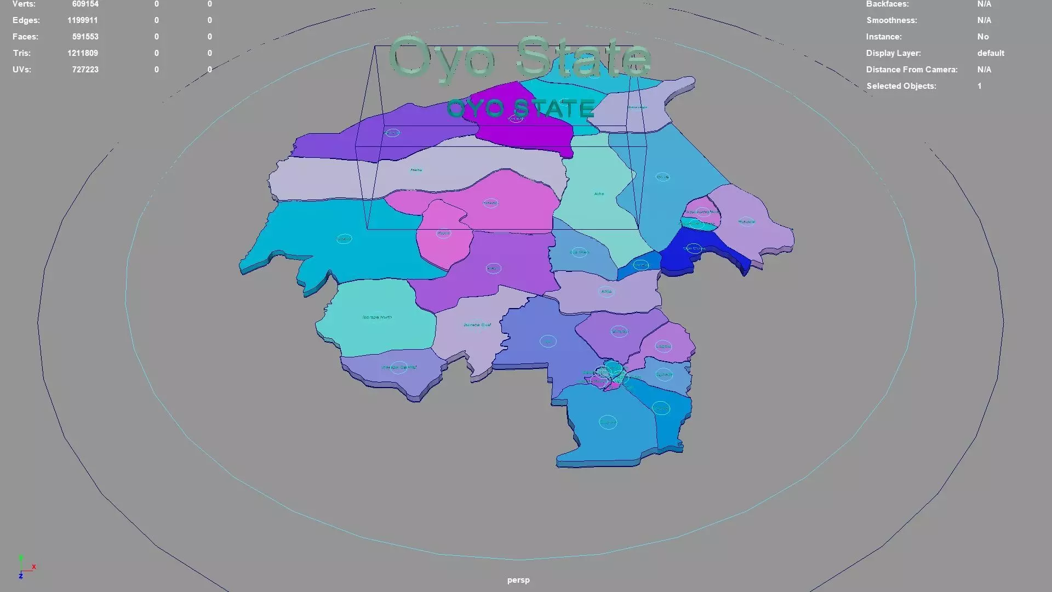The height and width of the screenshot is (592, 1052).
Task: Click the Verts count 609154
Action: click(x=85, y=4)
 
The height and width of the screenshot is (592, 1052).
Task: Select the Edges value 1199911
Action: click(x=82, y=20)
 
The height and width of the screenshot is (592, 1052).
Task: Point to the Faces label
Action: click(x=25, y=37)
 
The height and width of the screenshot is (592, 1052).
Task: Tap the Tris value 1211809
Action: click(x=82, y=53)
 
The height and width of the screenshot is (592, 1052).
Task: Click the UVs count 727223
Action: click(x=85, y=70)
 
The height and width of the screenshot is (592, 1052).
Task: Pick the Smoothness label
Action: click(x=891, y=20)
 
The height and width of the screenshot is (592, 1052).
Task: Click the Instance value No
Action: click(x=983, y=37)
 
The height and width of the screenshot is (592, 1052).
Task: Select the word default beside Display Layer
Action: click(x=991, y=53)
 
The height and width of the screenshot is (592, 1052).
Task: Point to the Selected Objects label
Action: click(x=901, y=86)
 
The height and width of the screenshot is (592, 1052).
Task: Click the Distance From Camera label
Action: click(x=911, y=70)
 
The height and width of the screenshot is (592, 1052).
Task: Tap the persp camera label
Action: click(x=518, y=580)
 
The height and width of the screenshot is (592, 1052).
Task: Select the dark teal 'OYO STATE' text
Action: click(x=521, y=108)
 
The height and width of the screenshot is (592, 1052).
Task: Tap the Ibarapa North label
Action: click(x=377, y=317)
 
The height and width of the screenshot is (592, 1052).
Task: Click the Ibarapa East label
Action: click(x=477, y=325)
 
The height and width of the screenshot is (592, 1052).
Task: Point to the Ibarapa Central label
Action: click(x=399, y=367)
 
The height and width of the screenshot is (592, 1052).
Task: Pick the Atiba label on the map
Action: click(x=599, y=193)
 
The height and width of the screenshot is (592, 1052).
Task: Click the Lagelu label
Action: click(x=663, y=346)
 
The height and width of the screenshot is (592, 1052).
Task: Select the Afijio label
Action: click(x=606, y=292)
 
